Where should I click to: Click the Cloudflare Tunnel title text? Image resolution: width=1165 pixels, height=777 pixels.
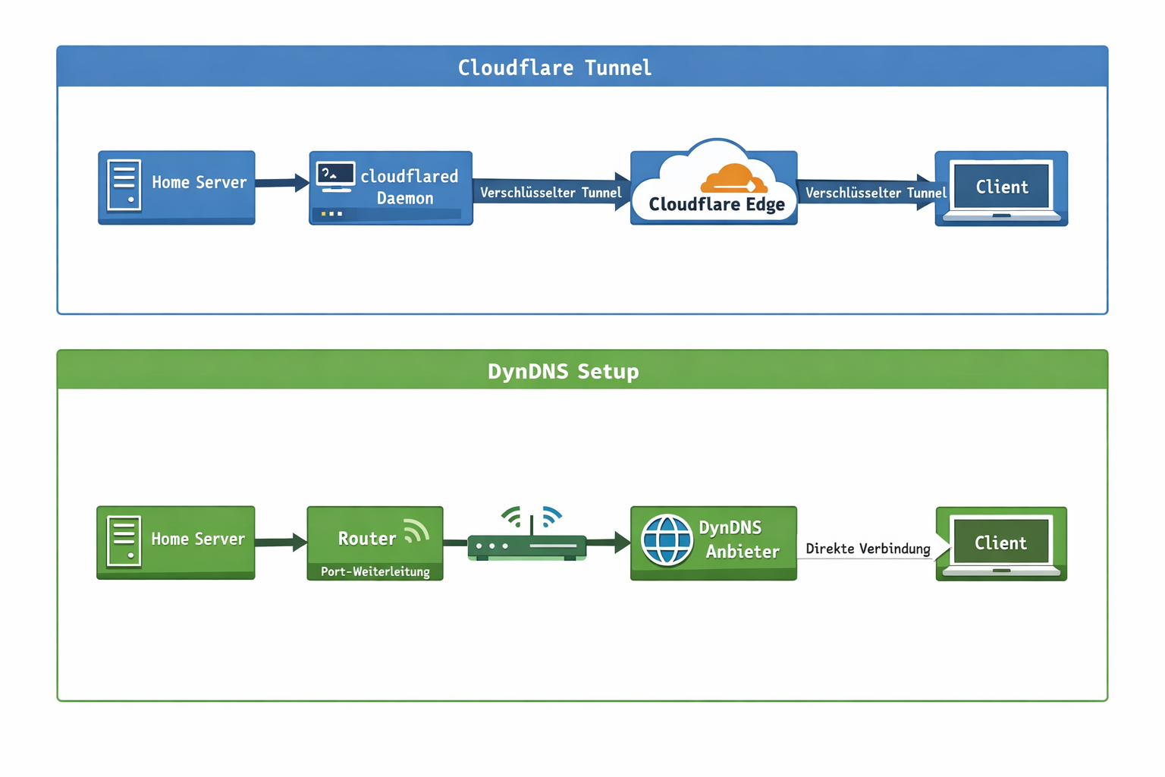coord(554,68)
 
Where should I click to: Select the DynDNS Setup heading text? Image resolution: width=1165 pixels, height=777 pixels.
coord(563,371)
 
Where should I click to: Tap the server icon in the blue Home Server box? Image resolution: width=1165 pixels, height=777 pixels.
coord(124,184)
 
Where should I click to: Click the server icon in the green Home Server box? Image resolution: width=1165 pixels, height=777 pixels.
coord(124,541)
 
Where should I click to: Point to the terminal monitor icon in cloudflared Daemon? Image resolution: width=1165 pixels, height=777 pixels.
coord(335,177)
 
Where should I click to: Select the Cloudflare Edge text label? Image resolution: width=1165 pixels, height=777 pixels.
coord(717,205)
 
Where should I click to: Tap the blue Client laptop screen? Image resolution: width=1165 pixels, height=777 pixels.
coord(1001,187)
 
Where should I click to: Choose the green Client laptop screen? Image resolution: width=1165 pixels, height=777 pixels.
coord(1000,543)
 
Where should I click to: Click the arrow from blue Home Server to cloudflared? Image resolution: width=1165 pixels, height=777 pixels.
coord(282,183)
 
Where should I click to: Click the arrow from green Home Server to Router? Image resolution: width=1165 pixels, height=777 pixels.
coord(281,542)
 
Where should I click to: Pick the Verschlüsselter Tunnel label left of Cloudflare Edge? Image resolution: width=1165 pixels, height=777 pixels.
coord(551,193)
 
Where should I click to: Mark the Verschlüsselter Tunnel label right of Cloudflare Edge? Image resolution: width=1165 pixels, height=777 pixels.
coord(875,193)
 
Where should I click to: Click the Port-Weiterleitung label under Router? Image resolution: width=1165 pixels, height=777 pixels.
coord(375,571)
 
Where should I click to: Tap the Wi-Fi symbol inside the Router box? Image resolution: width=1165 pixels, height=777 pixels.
coord(416,531)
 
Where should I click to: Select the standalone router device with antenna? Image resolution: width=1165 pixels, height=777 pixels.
coord(528,540)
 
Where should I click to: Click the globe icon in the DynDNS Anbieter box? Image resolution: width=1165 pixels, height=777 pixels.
coord(667,540)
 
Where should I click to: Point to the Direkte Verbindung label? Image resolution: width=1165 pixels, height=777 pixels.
coord(868,549)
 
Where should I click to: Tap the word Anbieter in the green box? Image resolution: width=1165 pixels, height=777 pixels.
coord(742,552)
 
